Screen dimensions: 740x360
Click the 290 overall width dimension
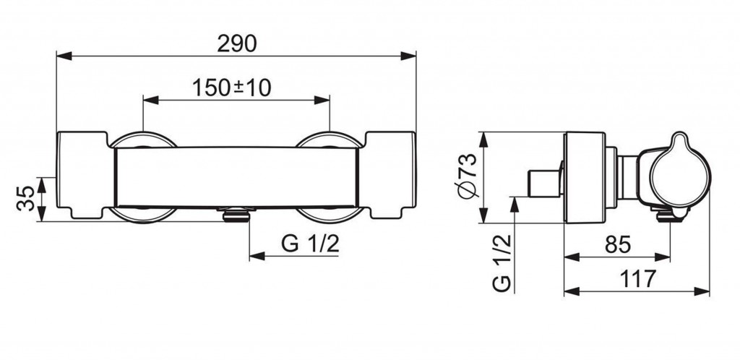tap(237, 44)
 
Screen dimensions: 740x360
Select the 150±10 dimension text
tap(232, 87)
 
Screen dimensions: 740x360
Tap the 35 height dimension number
tap(26, 199)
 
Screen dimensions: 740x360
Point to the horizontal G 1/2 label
tap(310, 244)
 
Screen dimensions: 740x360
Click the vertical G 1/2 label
tap(502, 264)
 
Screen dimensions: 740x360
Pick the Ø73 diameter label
tap(468, 176)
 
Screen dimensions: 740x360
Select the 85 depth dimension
tap(618, 244)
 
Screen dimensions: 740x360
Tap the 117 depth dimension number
tap(637, 279)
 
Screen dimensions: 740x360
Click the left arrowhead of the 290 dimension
tap(64, 56)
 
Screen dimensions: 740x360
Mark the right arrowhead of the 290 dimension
tap(408, 56)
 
